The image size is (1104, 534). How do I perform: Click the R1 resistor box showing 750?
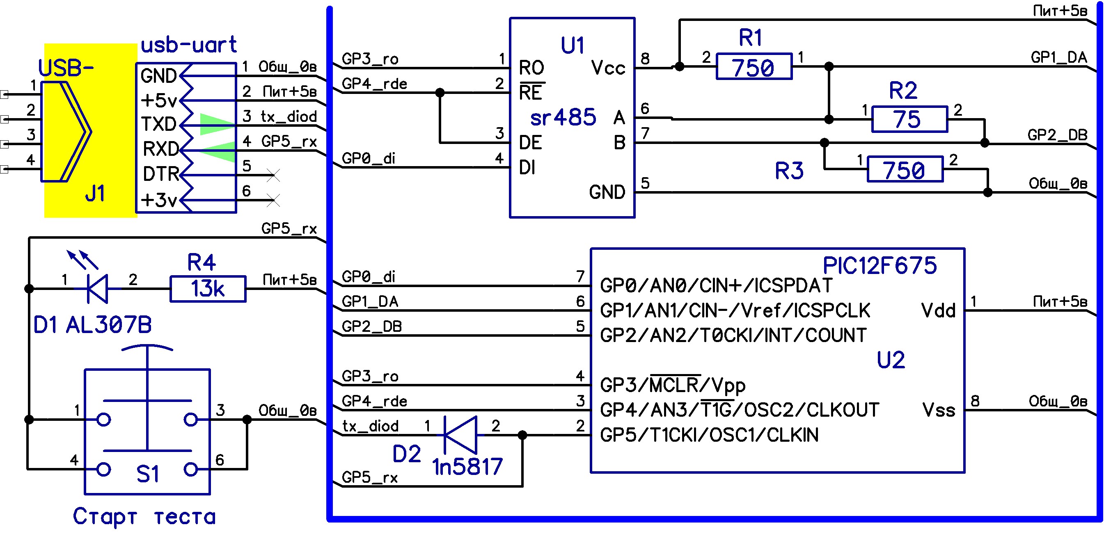pos(754,67)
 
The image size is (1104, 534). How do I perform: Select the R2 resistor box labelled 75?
pos(909,119)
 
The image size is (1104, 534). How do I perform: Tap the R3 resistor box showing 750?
pos(905,169)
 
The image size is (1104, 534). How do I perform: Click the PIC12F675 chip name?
pos(880,265)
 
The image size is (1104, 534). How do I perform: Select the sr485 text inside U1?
pos(563,117)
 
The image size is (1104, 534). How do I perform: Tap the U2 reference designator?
pos(891,360)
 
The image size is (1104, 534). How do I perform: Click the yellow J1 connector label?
pos(95,194)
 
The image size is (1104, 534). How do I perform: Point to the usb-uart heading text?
pos(188,45)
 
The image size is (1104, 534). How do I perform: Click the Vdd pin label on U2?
pos(938,310)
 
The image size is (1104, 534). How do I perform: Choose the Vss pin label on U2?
pos(939,410)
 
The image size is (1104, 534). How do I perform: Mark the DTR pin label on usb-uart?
pos(161,174)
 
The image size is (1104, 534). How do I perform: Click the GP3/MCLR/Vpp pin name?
pos(672,385)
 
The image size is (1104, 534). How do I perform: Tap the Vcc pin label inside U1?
pos(608,68)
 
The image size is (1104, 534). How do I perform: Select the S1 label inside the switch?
pos(147,474)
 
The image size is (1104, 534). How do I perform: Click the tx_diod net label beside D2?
pos(370,426)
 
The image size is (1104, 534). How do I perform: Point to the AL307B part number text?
pos(109,324)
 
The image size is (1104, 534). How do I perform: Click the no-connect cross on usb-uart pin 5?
pos(273,175)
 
